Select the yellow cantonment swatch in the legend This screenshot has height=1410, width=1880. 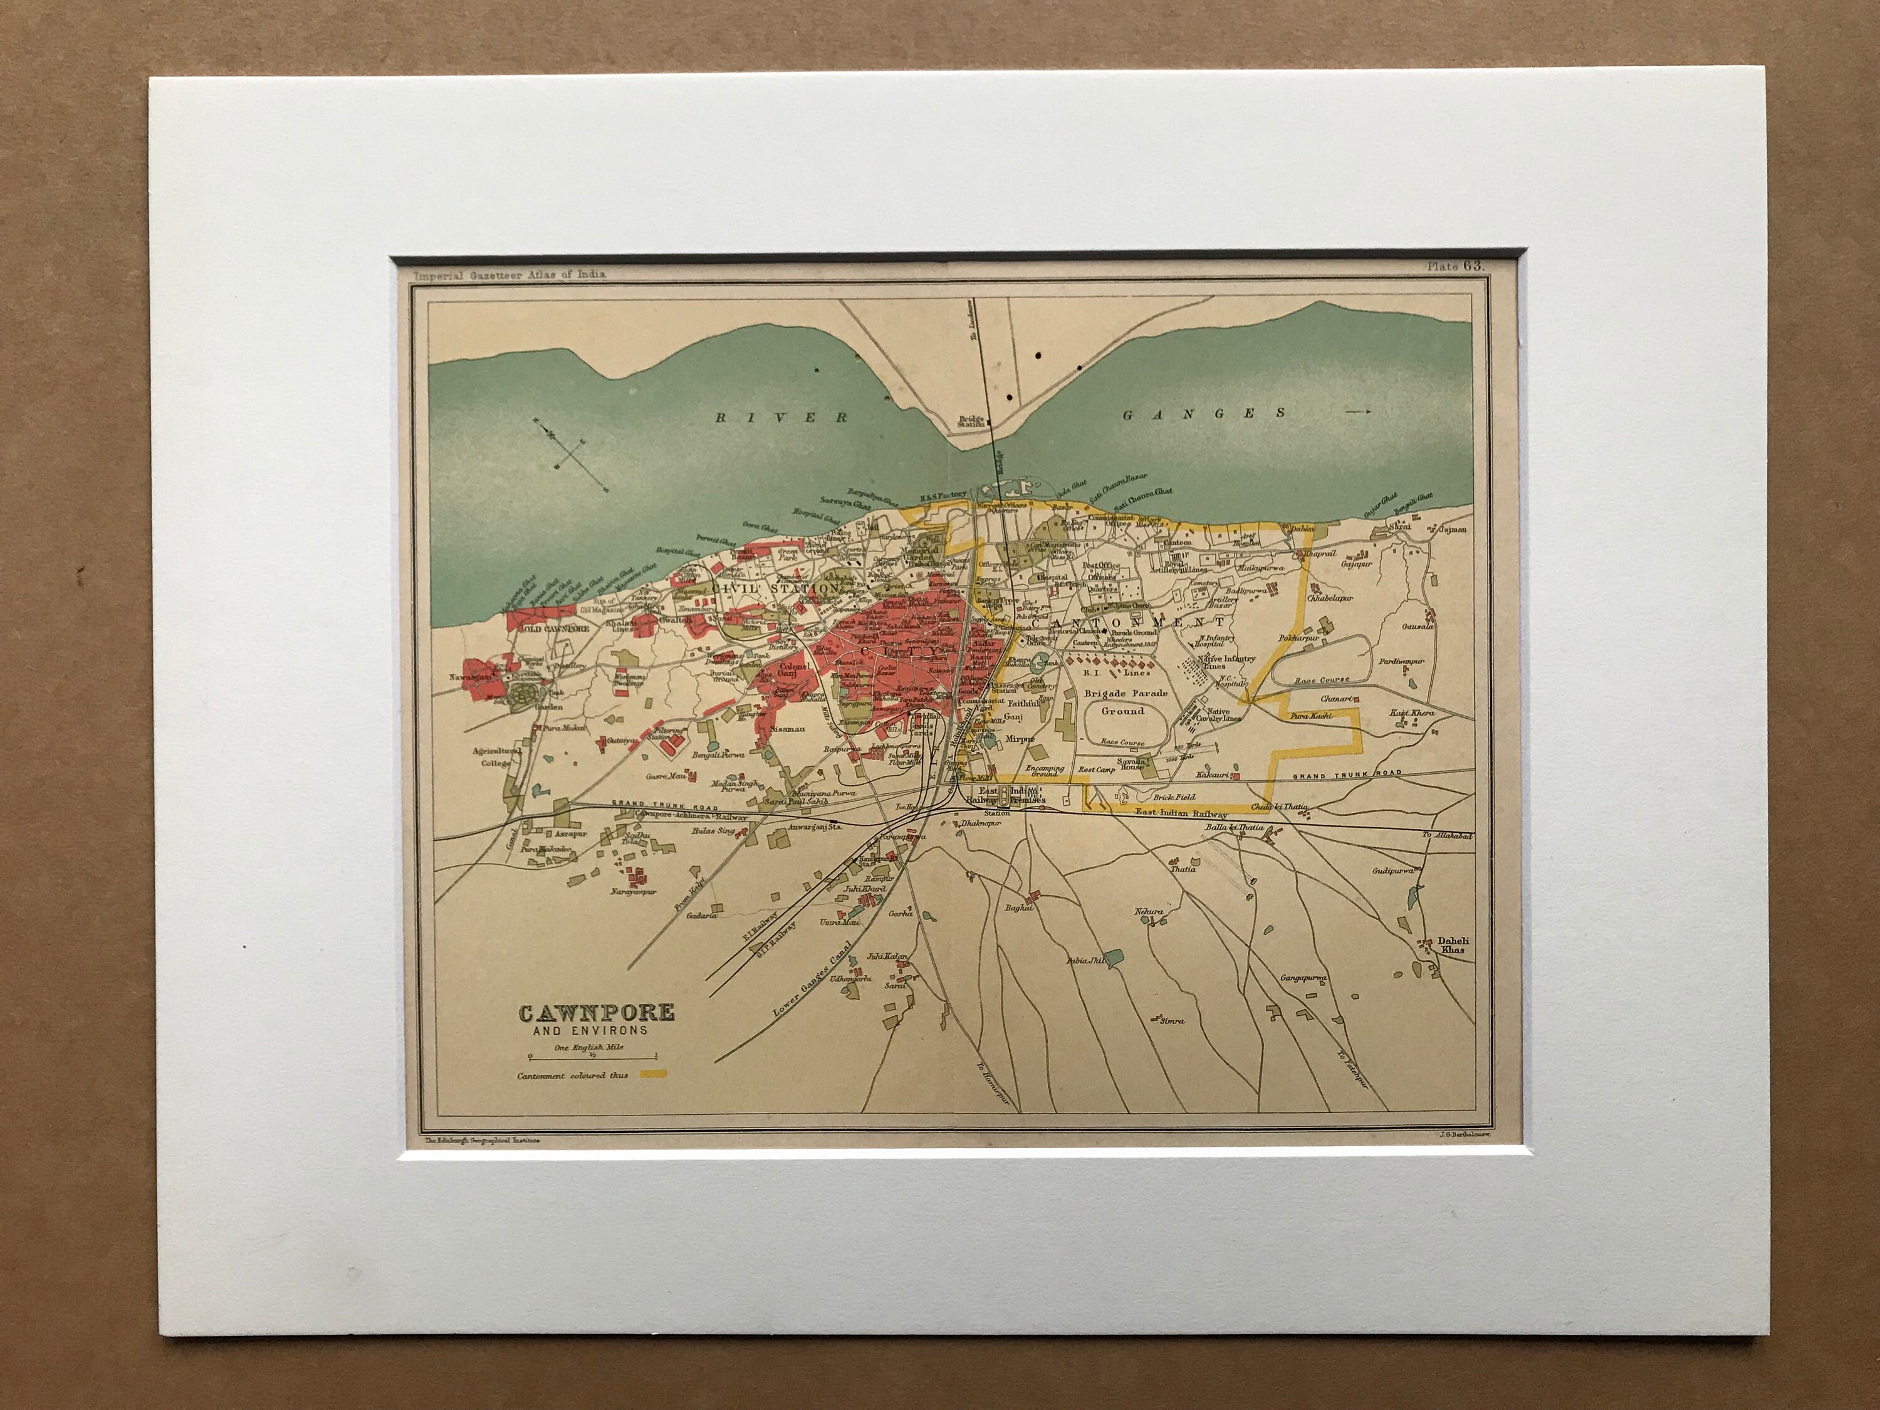pyautogui.click(x=658, y=1074)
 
